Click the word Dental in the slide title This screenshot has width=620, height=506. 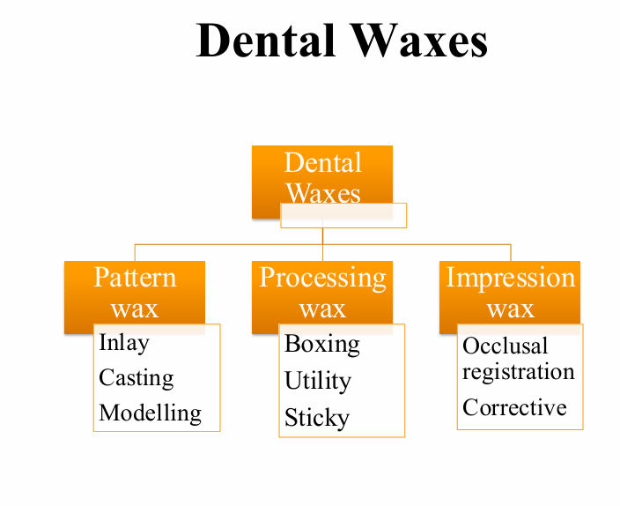263,41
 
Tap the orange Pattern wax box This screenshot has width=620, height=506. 135,294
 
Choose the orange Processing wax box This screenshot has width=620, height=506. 322,294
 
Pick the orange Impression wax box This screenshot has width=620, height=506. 510,294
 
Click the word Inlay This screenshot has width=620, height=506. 124,342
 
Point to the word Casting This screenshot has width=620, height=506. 137,377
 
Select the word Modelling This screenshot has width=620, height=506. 151,413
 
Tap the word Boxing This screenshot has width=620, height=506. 322,343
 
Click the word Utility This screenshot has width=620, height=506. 318,381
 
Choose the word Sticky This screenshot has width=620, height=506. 317,418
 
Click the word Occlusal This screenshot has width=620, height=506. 506,346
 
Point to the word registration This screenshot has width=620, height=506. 519,371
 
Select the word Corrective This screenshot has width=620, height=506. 515,407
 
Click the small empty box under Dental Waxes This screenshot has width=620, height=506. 343,216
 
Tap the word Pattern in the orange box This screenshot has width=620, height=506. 135,278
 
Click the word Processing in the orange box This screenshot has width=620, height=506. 322,278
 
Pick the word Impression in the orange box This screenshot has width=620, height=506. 510,278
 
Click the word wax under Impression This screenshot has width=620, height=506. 511,309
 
